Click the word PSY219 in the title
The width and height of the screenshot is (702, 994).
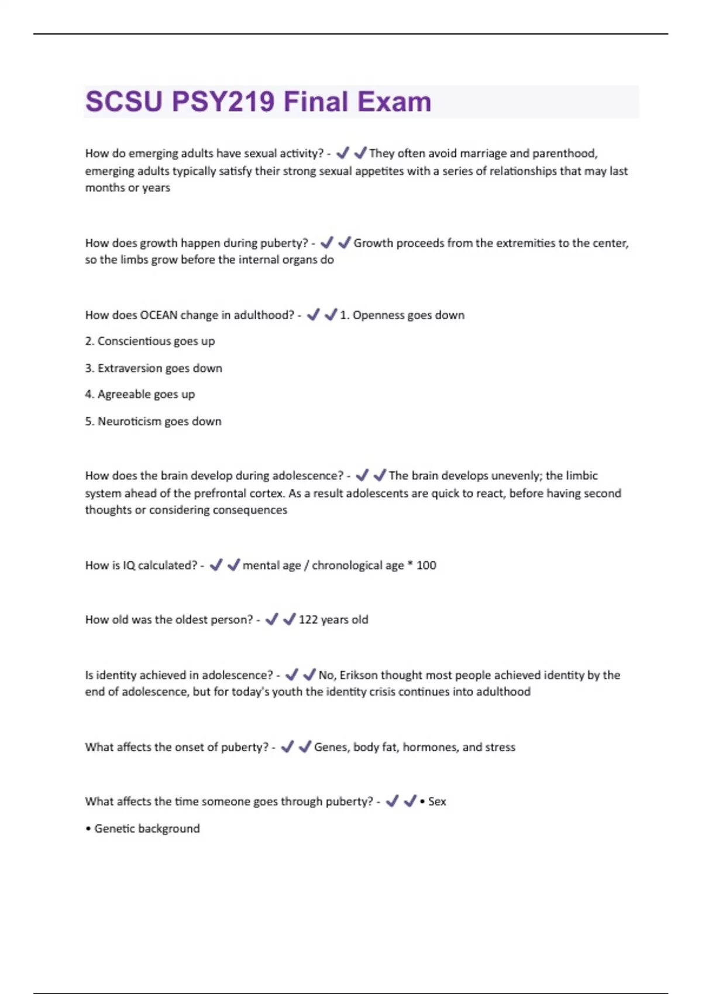coord(223,102)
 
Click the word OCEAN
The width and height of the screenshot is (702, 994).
coord(159,315)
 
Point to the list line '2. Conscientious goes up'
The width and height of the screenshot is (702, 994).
coord(150,341)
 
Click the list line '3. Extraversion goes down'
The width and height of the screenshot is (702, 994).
coord(153,368)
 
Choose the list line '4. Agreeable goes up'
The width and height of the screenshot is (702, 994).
coord(140,395)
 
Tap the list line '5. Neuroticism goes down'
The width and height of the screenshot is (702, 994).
coord(153,422)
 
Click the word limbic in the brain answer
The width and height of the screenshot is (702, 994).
coord(580,475)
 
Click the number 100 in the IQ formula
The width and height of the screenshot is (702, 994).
coord(426,565)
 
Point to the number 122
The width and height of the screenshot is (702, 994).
coord(308,620)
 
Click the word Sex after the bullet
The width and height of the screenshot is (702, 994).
coord(437,802)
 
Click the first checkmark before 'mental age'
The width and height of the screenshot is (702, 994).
coord(216,565)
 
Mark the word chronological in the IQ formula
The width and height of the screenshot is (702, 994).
coord(357,565)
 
